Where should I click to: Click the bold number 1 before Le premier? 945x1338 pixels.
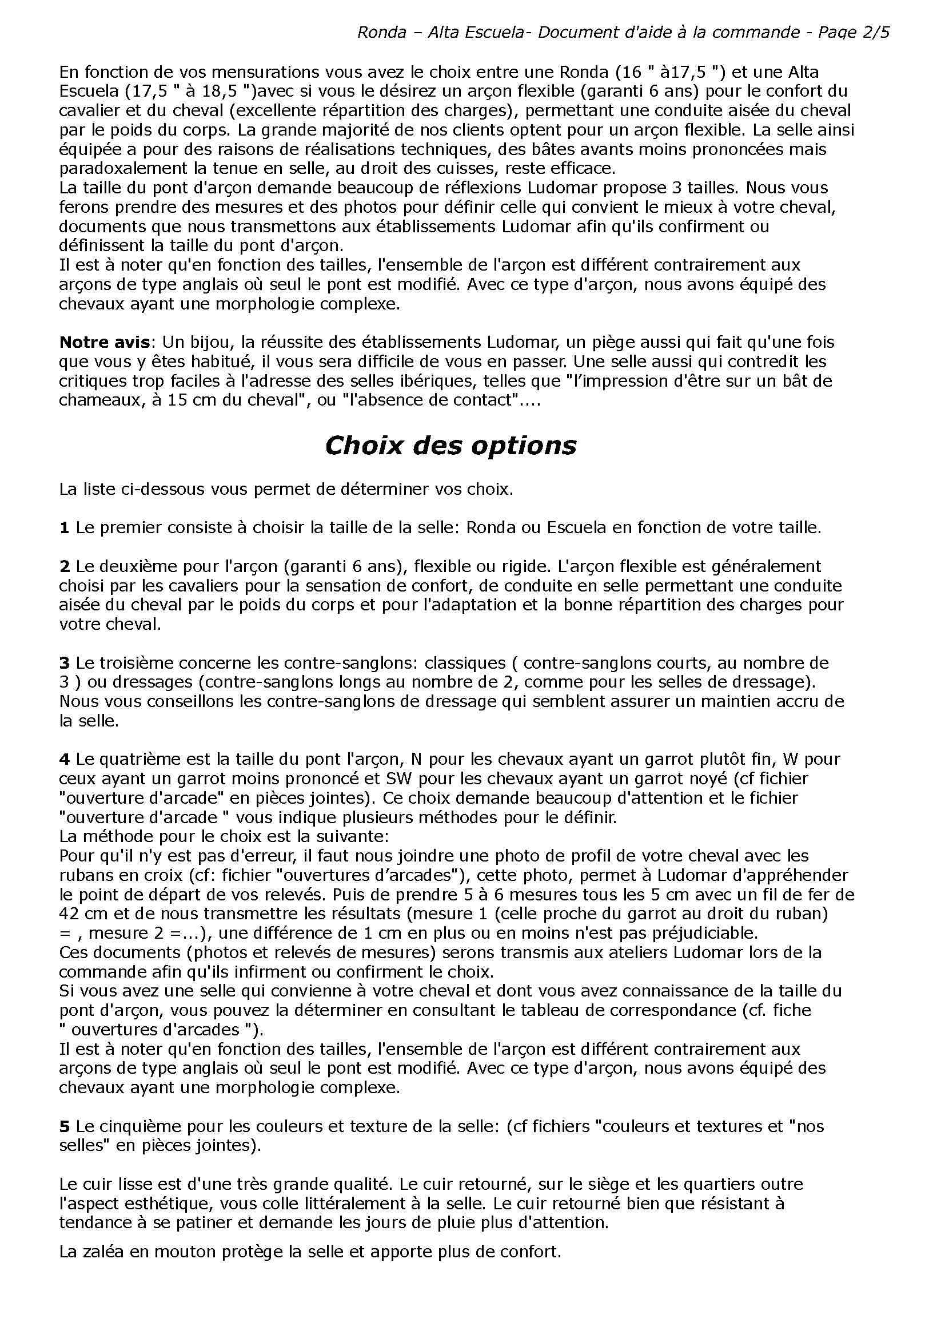pyautogui.click(x=64, y=528)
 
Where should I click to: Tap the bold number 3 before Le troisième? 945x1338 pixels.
pyautogui.click(x=64, y=663)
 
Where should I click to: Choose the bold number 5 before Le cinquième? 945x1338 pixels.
pyautogui.click(x=64, y=1126)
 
